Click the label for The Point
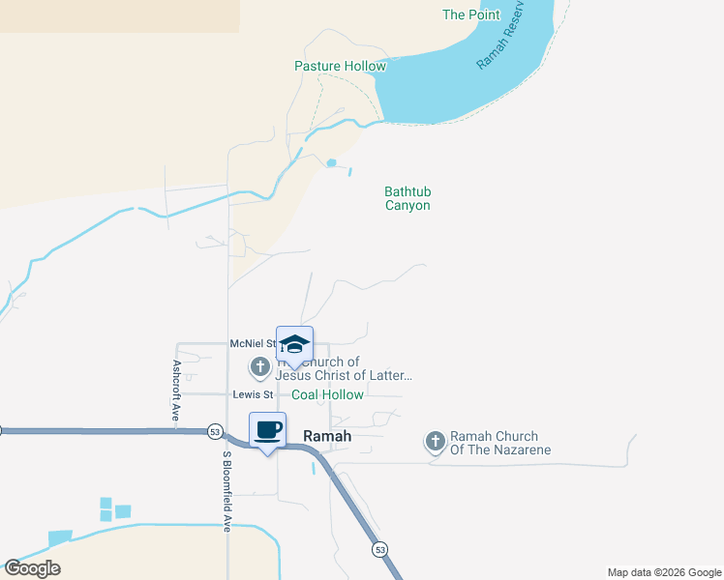(471, 14)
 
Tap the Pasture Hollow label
(340, 66)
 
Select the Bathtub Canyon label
(407, 198)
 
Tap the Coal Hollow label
(328, 394)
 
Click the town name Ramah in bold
(327, 436)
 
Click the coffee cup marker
(268, 430)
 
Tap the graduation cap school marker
(294, 345)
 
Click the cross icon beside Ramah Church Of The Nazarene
(435, 443)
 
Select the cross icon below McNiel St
(259, 367)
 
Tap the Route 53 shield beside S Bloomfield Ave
(215, 431)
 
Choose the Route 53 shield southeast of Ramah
(379, 549)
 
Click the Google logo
(32, 568)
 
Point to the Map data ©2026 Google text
(664, 572)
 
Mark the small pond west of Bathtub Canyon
(332, 162)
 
